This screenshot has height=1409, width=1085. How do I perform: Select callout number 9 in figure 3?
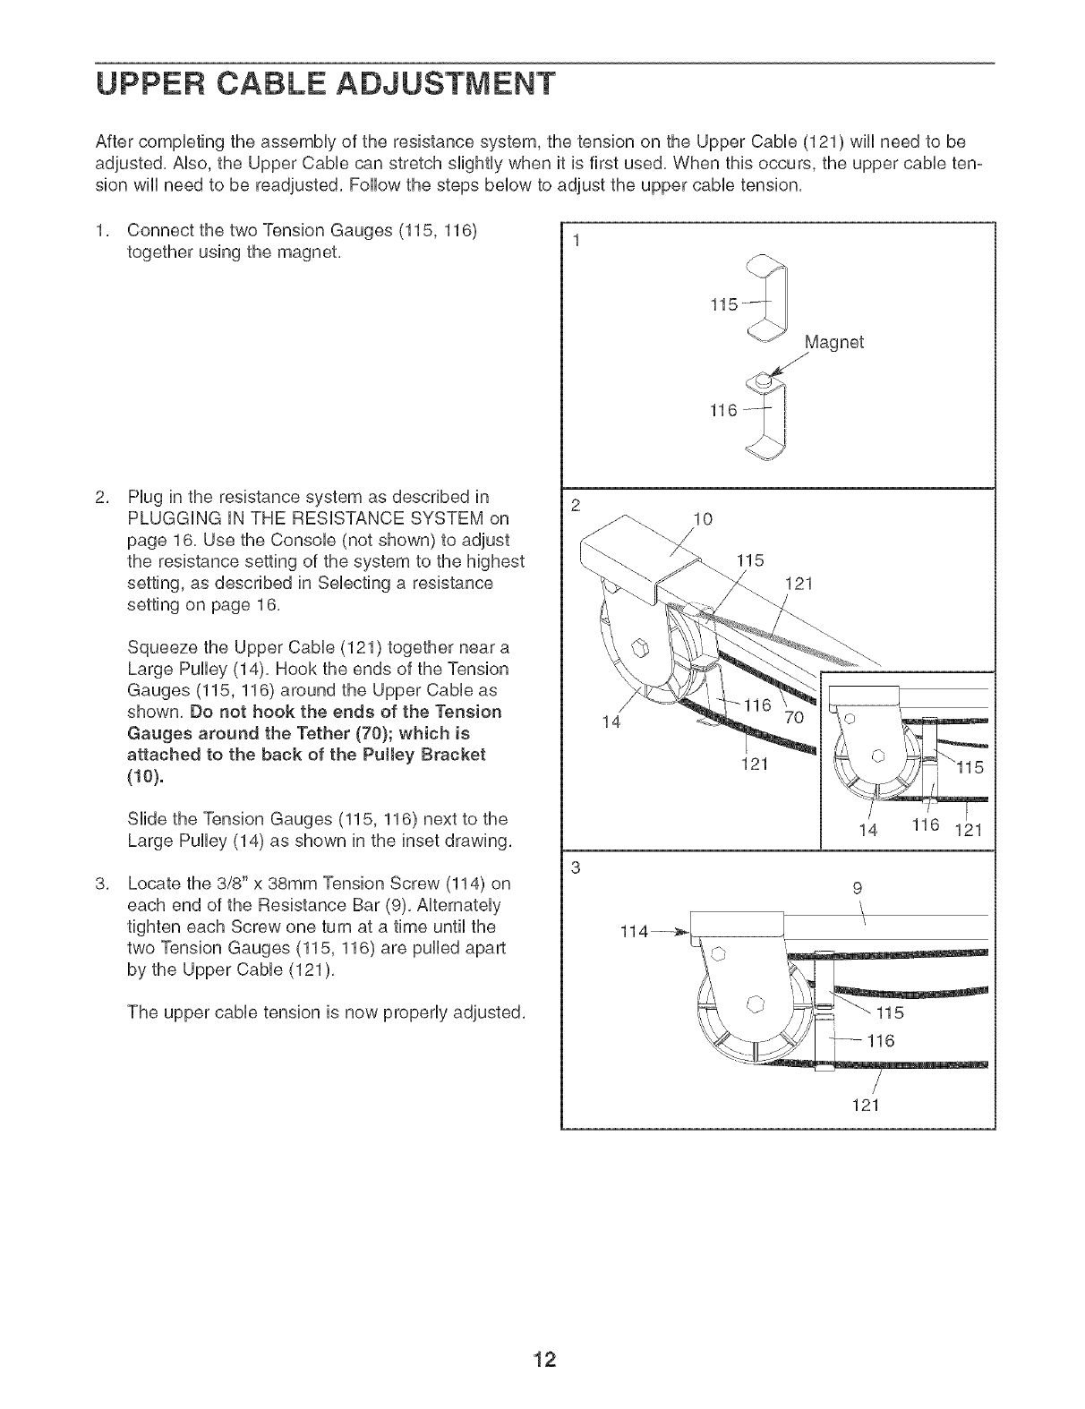tap(857, 889)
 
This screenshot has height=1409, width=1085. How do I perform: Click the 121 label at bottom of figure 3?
tap(864, 1105)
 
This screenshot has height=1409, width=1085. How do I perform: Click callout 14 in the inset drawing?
tap(867, 830)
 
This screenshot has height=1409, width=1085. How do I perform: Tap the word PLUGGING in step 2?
tap(167, 519)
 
